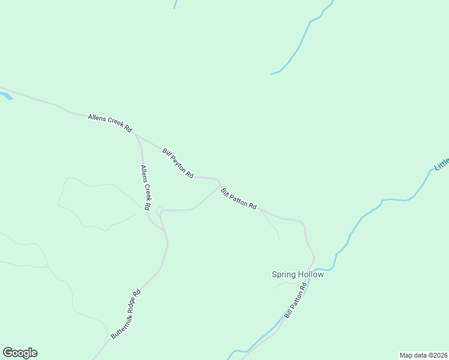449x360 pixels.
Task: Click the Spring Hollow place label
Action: pyautogui.click(x=298, y=275)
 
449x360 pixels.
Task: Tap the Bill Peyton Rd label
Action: pyautogui.click(x=178, y=163)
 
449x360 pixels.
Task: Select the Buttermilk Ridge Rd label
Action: pyautogui.click(x=125, y=314)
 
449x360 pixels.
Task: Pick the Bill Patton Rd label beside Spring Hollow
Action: pyautogui.click(x=296, y=301)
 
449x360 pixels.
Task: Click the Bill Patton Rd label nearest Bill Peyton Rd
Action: pyautogui.click(x=238, y=199)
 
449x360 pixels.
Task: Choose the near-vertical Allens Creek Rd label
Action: pyautogui.click(x=145, y=187)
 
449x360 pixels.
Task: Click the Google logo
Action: pyautogui.click(x=20, y=353)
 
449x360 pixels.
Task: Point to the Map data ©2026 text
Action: pyautogui.click(x=423, y=355)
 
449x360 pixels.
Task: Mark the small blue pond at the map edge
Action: pyautogui.click(x=5, y=95)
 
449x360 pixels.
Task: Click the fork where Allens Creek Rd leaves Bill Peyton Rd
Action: pyautogui.click(x=136, y=134)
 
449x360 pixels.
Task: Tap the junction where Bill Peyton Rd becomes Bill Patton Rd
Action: pyautogui.click(x=218, y=180)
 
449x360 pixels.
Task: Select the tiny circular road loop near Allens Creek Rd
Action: pyautogui.click(x=160, y=211)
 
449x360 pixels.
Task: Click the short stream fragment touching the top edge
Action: pyautogui.click(x=175, y=4)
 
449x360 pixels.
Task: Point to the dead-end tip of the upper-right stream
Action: pyautogui.click(x=272, y=74)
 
